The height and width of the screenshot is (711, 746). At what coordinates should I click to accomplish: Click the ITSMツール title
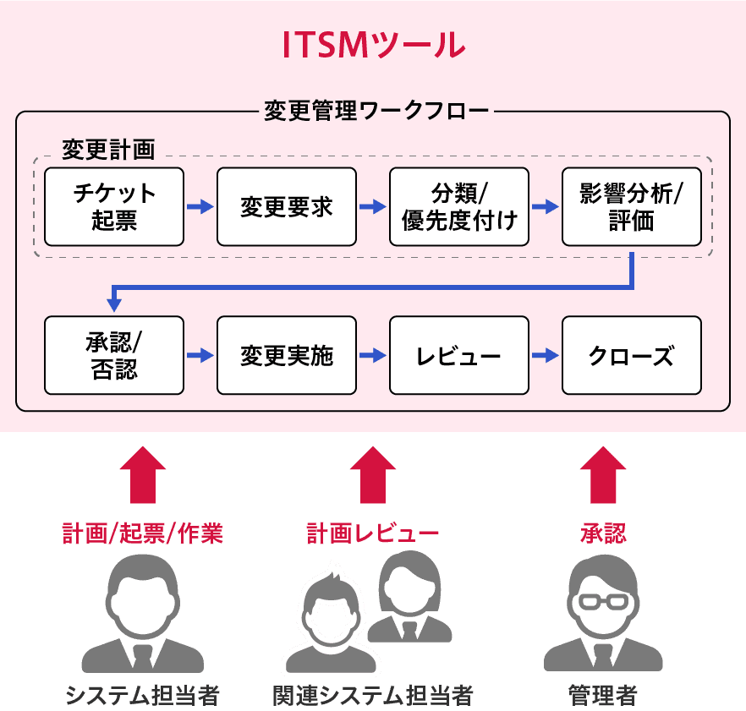(373, 44)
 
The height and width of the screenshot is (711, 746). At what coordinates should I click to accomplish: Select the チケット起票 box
(114, 207)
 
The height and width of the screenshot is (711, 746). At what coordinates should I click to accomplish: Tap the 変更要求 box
(287, 207)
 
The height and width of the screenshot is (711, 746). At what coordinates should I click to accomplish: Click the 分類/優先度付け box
(459, 207)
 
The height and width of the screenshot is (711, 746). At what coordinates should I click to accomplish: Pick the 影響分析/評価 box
(631, 207)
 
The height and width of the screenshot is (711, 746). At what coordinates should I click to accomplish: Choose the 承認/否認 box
(114, 355)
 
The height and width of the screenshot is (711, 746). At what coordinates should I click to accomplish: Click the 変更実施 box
(287, 355)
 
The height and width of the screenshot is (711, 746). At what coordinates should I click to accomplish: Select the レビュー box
(459, 355)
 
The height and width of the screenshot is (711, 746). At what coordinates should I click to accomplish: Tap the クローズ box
(631, 355)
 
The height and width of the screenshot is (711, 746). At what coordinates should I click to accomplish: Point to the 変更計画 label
(108, 150)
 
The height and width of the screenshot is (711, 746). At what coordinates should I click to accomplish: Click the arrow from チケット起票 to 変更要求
(200, 207)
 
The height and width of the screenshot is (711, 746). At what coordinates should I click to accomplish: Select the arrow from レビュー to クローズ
(546, 355)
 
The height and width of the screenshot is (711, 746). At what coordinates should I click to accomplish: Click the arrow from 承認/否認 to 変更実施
(200, 355)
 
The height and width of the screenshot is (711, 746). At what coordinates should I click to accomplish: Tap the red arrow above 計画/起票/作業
(142, 475)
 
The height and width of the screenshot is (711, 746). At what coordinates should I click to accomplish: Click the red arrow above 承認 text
(603, 475)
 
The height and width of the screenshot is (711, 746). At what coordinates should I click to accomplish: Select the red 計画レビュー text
(373, 533)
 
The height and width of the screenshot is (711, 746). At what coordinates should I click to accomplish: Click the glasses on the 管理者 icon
(603, 601)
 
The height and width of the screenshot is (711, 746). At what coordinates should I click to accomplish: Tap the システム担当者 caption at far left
(142, 696)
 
